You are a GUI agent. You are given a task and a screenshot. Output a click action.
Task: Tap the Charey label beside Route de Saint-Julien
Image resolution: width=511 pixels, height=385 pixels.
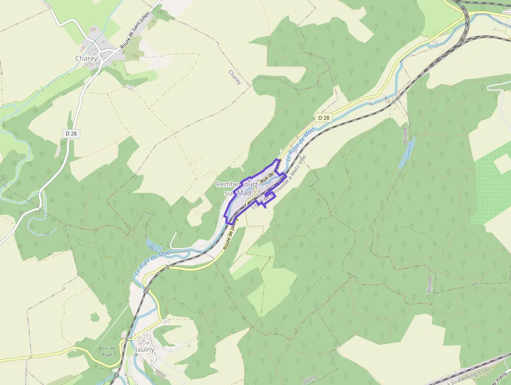(86, 59)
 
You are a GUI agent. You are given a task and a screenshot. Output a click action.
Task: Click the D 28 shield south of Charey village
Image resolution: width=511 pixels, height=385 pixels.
(71, 134)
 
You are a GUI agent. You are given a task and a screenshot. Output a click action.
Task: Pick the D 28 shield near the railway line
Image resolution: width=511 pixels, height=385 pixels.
(323, 118)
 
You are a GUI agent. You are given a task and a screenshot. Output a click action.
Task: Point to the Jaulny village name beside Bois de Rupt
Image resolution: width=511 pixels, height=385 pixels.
(144, 349)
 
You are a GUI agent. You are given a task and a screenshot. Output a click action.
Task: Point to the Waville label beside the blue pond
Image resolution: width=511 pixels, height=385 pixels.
(405, 135)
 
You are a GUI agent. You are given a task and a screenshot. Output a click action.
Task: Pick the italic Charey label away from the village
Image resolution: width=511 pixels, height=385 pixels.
(235, 77)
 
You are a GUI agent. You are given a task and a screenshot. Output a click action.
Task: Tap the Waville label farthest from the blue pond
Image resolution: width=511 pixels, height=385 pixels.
(429, 285)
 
